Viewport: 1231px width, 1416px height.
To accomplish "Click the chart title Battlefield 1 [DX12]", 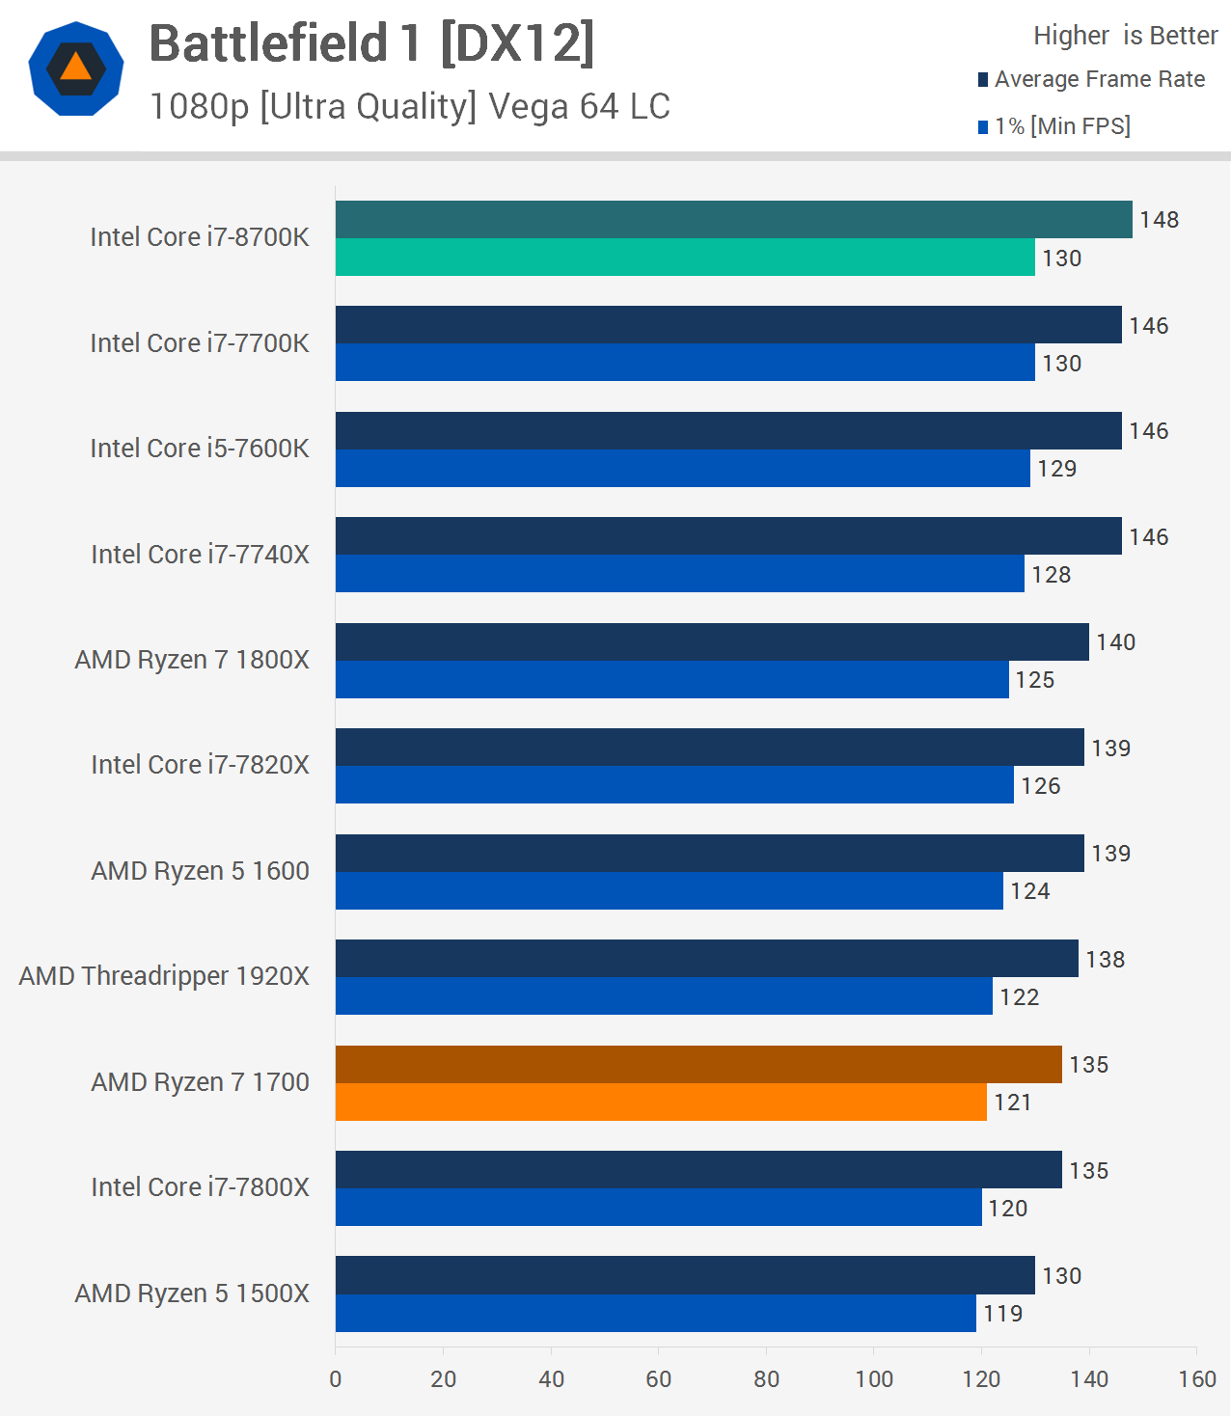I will [x=371, y=44].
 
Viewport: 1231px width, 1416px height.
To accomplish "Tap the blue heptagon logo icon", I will [x=76, y=68].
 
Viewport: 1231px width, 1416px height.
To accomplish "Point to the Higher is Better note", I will [x=1125, y=36].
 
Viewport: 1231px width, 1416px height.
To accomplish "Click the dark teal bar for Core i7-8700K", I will [x=733, y=220].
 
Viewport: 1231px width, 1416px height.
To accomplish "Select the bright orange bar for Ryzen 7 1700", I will [x=661, y=1103].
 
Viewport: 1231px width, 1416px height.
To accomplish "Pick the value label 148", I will [x=1159, y=220].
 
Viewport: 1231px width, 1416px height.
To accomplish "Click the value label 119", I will [x=1002, y=1314].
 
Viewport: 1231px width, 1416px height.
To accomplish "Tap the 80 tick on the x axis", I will [x=766, y=1379].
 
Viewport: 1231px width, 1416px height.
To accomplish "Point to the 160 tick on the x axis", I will [x=1196, y=1379].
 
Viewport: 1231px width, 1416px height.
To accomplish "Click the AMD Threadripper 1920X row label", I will [x=164, y=976].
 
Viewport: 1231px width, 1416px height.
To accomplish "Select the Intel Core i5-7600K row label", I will [x=200, y=449].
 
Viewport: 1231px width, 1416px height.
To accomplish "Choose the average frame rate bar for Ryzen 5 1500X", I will [x=685, y=1275].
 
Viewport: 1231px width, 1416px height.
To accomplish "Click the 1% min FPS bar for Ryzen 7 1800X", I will [x=671, y=680].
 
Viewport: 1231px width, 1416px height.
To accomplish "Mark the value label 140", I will [x=1115, y=642].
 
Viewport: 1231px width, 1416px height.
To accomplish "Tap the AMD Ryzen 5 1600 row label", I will [x=200, y=871].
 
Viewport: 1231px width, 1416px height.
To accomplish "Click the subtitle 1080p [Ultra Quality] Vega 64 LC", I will [x=409, y=106].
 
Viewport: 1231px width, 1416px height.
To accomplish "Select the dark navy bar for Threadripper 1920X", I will [x=706, y=959].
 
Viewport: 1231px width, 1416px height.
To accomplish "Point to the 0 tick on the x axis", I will [x=336, y=1379].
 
